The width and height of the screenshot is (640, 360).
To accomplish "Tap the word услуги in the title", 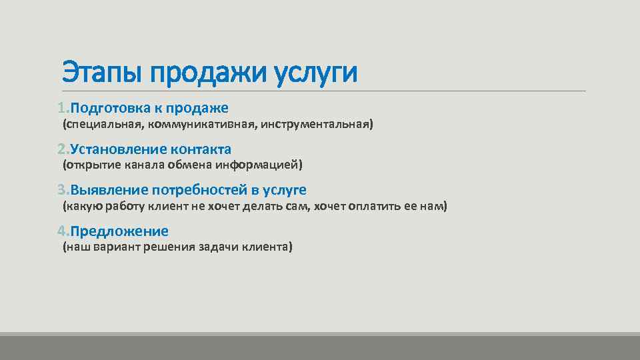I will pos(316,73).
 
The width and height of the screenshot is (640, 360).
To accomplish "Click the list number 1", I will pos(61,108).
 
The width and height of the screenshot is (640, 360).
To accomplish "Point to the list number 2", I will pos(61,149).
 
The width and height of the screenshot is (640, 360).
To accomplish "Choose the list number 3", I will pos(61,190).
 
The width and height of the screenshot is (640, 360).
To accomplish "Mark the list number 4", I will pos(61,231).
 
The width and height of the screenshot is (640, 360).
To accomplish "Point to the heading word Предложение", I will pos(119,231).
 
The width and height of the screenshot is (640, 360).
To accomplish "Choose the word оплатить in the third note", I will pos(374,207).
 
